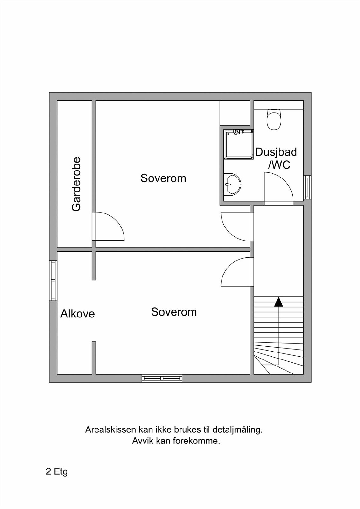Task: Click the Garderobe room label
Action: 76,184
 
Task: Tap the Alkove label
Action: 78,314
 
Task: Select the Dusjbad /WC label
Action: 276,158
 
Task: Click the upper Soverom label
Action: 163,178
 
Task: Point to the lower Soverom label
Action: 174,312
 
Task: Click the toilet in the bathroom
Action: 274,120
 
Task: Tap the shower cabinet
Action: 238,144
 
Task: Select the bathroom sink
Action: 232,184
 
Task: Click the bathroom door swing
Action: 278,188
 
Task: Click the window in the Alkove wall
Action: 53,280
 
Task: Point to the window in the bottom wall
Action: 162,378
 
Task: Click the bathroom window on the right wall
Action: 307,187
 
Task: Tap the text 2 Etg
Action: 57,471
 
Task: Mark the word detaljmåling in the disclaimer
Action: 237,430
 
